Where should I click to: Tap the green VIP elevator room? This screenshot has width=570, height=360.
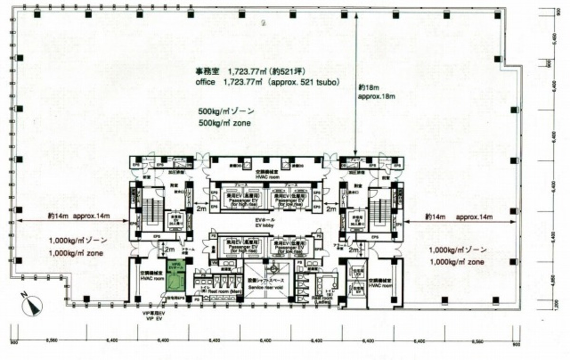coord(175,280)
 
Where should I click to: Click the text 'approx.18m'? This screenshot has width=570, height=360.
coord(377,96)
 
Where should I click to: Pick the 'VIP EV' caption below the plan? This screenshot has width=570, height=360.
coord(156,320)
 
